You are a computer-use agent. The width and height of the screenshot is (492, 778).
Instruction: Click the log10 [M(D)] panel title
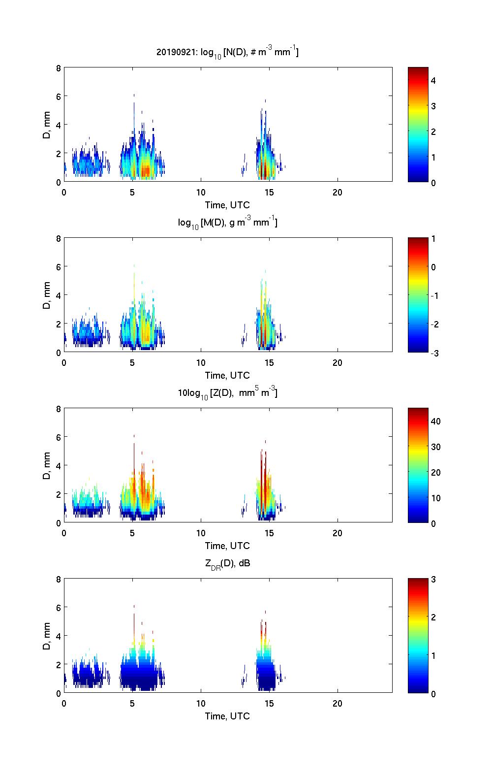coord(227,223)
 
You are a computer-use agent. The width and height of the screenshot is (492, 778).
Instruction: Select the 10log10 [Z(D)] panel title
coord(227,393)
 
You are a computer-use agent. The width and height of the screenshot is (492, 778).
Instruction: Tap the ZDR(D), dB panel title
coord(227,563)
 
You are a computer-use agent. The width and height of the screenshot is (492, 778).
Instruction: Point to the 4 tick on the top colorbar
coord(433,80)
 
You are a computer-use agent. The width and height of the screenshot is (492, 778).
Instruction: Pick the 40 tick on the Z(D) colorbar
coord(435,421)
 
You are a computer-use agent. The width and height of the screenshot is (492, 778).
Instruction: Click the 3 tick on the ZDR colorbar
coord(433,580)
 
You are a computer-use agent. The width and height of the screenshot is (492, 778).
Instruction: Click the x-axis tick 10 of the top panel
coord(201,193)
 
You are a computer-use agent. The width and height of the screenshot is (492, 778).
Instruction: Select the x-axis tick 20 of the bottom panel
coord(337,704)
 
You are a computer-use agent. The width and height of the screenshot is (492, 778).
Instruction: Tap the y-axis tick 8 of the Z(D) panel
coord(59,409)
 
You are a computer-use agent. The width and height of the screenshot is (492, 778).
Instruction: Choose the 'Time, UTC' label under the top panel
coord(227,205)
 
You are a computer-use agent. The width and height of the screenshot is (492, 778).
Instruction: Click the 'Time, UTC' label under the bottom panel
coord(227,716)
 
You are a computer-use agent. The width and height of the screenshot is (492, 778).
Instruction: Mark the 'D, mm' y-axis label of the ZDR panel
coord(47,636)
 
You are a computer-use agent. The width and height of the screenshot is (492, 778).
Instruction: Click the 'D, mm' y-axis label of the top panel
coord(47,125)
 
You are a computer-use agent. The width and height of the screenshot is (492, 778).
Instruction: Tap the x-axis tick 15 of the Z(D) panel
coord(269,533)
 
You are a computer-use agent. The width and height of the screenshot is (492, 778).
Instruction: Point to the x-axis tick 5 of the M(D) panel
coord(132,363)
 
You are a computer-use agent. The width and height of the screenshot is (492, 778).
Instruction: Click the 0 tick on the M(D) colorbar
coord(433,267)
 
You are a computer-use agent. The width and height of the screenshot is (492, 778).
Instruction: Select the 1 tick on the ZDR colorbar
coord(433,655)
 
